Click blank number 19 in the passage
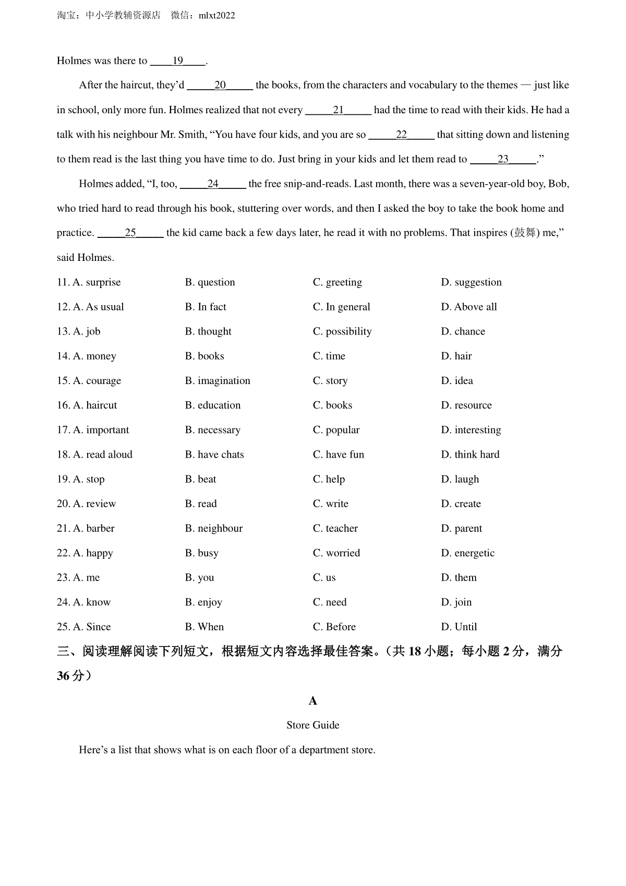[x=178, y=61]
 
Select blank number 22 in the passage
[x=401, y=135]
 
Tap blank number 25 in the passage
[x=130, y=233]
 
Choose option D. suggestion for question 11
[x=471, y=282]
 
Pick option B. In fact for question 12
[x=206, y=307]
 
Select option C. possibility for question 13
[x=342, y=331]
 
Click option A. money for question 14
[x=94, y=356]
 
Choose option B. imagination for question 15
[x=218, y=381]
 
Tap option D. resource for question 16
[x=466, y=405]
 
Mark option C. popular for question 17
[x=336, y=430]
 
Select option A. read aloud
[x=102, y=454]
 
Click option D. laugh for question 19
[x=460, y=479]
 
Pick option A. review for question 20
[x=94, y=504]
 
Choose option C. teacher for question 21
[x=335, y=529]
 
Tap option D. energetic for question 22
[x=467, y=553]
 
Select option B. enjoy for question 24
[x=203, y=602]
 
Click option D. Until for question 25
[x=459, y=627]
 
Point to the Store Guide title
[x=313, y=725]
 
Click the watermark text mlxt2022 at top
[x=217, y=16]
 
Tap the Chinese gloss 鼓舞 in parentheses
[x=525, y=233]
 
